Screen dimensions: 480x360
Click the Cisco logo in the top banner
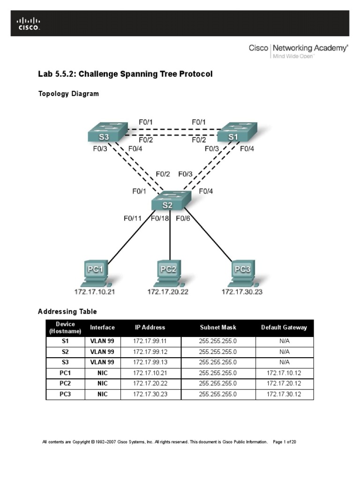point(29,23)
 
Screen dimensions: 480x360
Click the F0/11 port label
point(133,218)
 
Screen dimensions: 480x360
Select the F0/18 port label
point(160,218)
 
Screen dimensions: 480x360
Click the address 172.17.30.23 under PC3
point(242,292)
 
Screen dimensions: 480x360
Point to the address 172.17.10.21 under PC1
point(94,292)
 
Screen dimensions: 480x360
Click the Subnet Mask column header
point(218,328)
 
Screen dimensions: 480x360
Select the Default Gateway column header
point(284,328)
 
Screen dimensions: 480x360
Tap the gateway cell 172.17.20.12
point(284,383)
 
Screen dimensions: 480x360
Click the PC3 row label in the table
point(65,394)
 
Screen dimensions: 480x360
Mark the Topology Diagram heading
point(68,94)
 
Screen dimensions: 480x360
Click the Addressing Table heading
point(67,311)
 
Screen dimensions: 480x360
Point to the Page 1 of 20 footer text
point(284,442)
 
